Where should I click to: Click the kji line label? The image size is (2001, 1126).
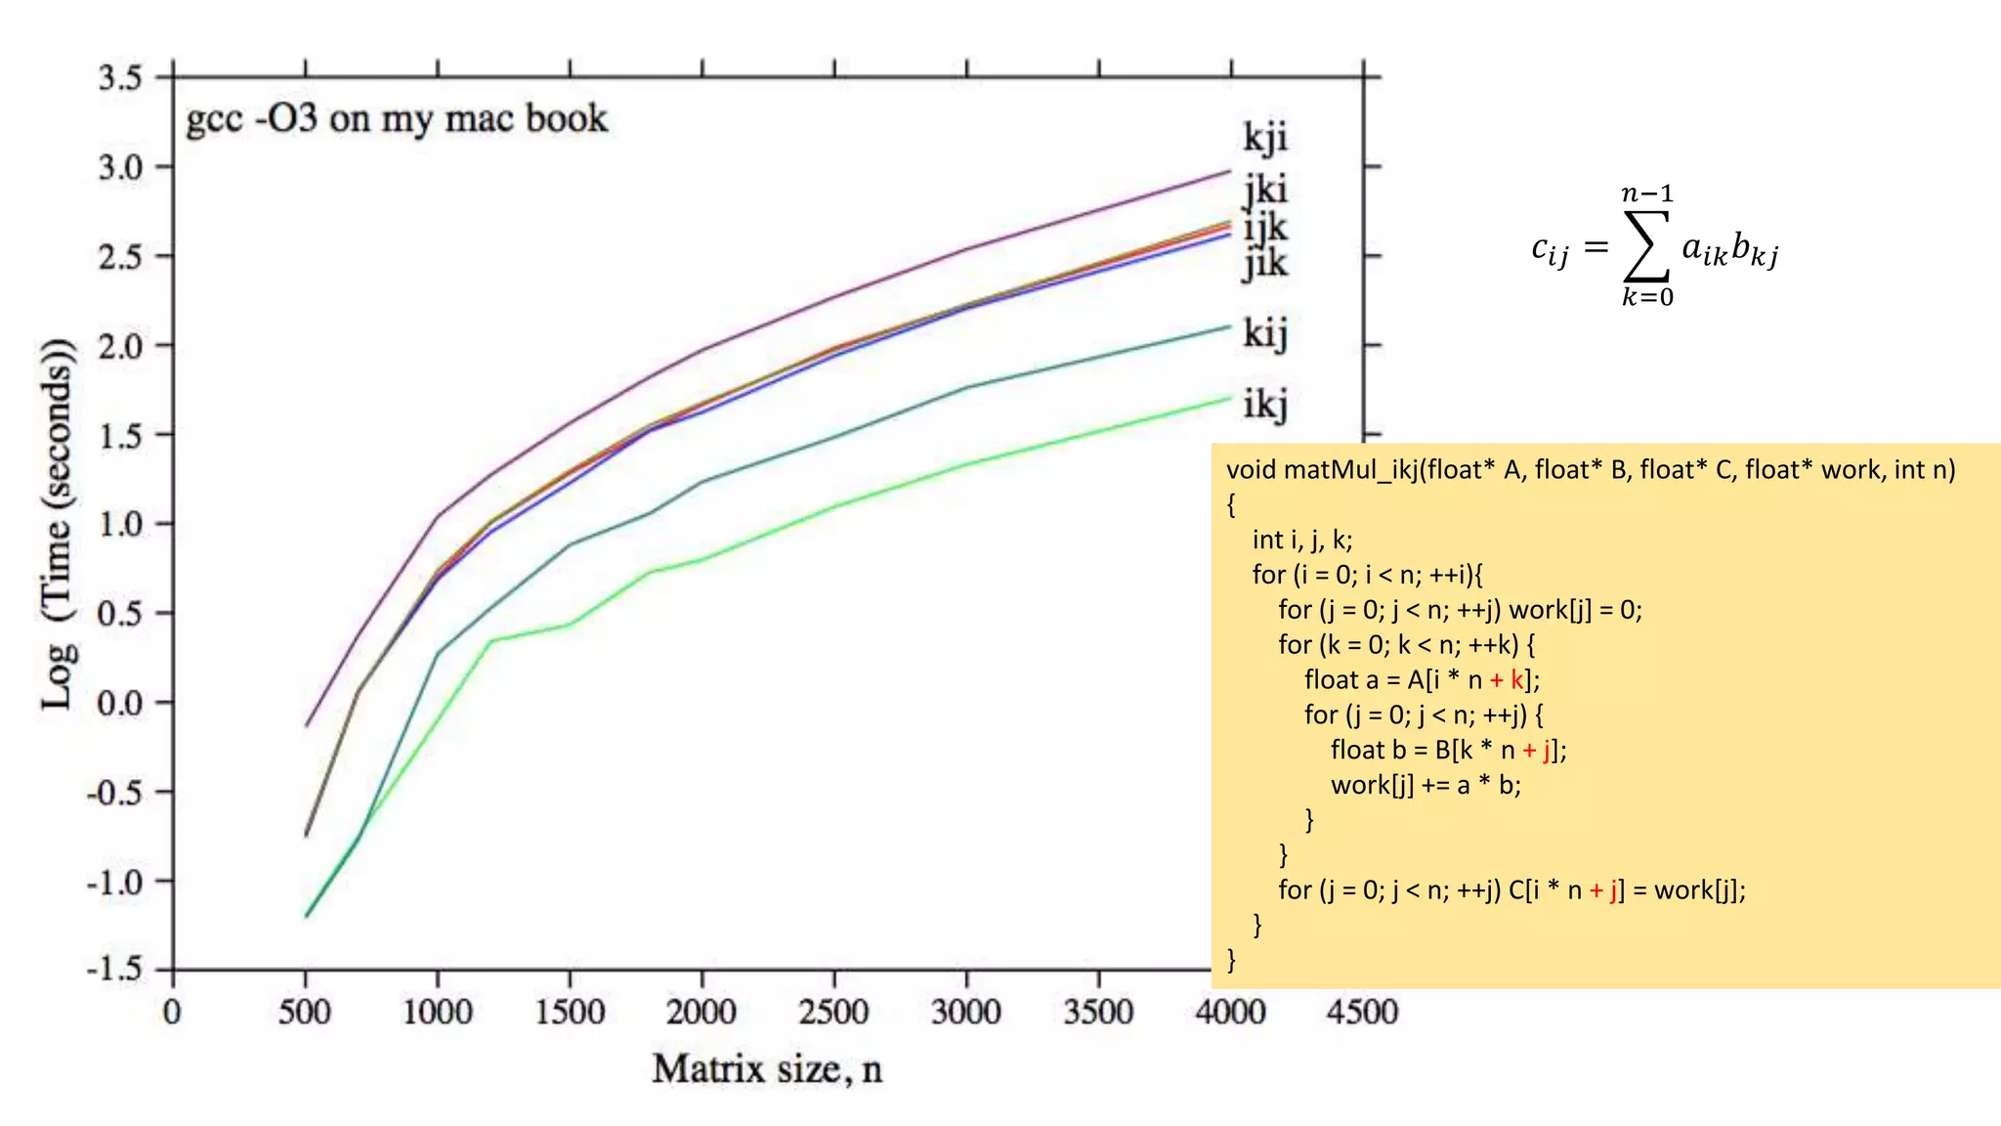pyautogui.click(x=1265, y=138)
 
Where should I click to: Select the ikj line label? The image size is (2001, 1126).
pyautogui.click(x=1265, y=404)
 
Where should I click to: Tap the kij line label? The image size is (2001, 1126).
pyautogui.click(x=1265, y=333)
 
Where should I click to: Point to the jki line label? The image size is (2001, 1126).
pyautogui.click(x=1265, y=190)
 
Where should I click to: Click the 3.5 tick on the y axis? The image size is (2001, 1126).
pyautogui.click(x=119, y=77)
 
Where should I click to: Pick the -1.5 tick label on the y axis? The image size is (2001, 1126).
pyautogui.click(x=114, y=969)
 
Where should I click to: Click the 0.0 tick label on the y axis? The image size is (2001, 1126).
pyautogui.click(x=119, y=702)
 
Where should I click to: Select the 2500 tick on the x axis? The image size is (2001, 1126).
pyautogui.click(x=833, y=1011)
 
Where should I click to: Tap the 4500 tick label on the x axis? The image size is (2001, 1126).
pyautogui.click(x=1362, y=1011)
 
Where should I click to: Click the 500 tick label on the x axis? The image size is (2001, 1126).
pyautogui.click(x=305, y=1011)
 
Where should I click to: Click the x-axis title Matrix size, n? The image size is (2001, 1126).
pyautogui.click(x=767, y=1068)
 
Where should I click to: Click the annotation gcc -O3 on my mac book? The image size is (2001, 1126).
pyautogui.click(x=397, y=119)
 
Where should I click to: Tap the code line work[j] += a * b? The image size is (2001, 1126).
pyautogui.click(x=1426, y=785)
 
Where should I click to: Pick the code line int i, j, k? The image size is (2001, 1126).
pyautogui.click(x=1302, y=540)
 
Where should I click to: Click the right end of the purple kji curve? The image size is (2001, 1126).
pyautogui.click(x=1230, y=171)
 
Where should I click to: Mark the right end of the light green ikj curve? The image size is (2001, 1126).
pyautogui.click(x=1230, y=397)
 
